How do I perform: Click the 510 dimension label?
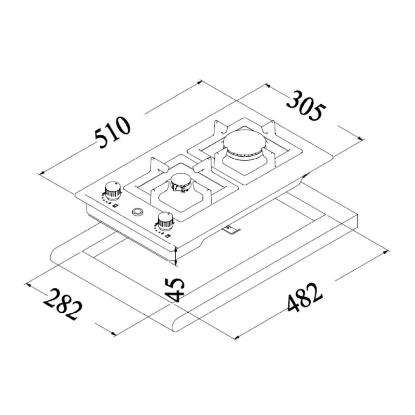[113, 133]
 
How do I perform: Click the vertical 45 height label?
[176, 290]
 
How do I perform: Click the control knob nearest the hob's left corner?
[112, 190]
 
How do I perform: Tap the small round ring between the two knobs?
[138, 212]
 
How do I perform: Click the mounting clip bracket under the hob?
[230, 228]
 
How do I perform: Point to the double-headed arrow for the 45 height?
[177, 255]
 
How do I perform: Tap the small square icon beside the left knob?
[115, 206]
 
